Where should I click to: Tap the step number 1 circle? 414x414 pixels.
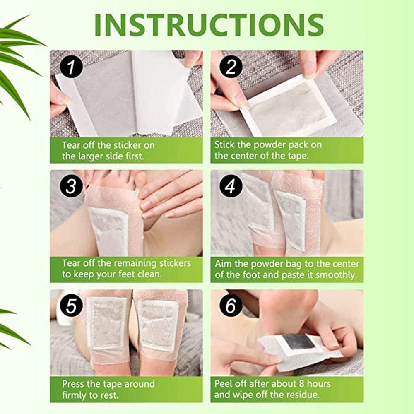[x=71, y=67]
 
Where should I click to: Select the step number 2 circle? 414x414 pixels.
[x=231, y=67]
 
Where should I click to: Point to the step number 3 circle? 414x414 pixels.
[x=71, y=186]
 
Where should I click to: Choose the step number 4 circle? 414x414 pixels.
[x=231, y=186]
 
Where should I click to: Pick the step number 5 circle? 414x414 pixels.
[x=71, y=306]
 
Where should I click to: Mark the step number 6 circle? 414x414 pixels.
[x=231, y=306]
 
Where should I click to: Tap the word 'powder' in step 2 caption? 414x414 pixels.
[x=269, y=144]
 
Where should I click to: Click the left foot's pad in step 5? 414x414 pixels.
[x=107, y=323]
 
